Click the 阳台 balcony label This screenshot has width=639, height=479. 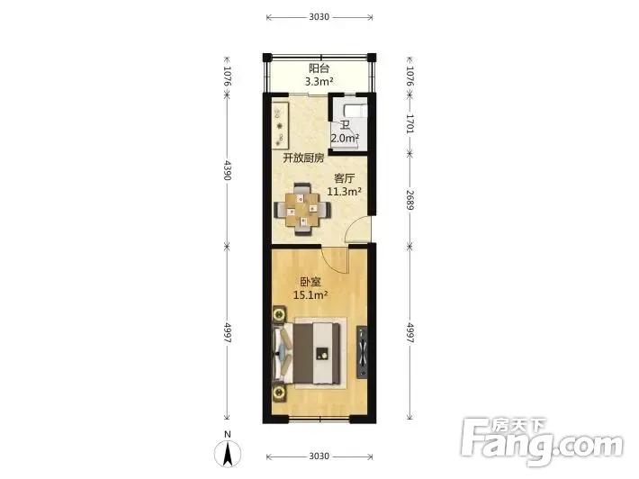[319, 68]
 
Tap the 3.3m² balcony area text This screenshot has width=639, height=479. [319, 82]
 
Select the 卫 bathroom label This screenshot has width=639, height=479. [345, 125]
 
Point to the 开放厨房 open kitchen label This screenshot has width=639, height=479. [303, 158]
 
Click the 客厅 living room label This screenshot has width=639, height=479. [345, 178]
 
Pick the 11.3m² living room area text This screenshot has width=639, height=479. [345, 191]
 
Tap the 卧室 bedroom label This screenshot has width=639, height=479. [310, 282]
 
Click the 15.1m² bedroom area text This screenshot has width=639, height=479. [310, 294]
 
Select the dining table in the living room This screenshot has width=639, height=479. [302, 209]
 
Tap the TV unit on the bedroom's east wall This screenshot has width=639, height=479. [362, 352]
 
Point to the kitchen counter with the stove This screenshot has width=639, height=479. [281, 125]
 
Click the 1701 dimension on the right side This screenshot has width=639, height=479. [410, 123]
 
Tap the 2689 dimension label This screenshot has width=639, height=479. [410, 200]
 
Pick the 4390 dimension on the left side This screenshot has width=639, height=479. [228, 170]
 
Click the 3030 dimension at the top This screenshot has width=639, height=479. [319, 17]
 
